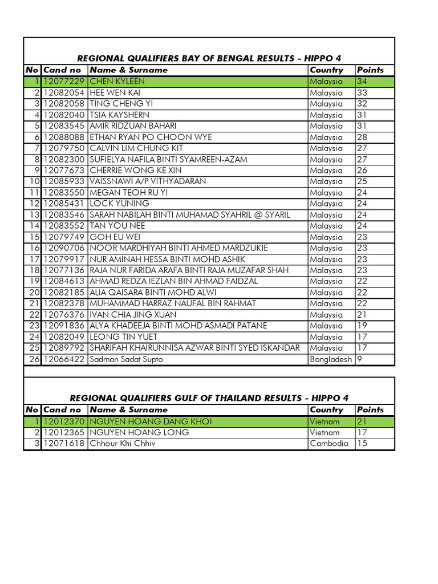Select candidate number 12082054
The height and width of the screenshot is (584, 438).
point(63,92)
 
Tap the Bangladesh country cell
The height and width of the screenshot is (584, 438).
point(331,359)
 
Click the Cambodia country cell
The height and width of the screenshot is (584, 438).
point(328,443)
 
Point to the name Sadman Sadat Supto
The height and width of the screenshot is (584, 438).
point(126,359)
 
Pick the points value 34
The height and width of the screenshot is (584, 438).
point(362,82)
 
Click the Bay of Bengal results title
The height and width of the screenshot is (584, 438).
point(209,58)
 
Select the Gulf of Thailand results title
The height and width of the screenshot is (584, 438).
point(209,398)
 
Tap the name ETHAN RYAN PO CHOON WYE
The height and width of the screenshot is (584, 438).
point(151,137)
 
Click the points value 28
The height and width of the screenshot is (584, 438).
point(362,137)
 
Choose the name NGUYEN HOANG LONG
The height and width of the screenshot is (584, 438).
point(139,432)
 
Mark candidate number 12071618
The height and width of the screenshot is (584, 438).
point(63,443)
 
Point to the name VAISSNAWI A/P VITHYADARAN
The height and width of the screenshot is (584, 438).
point(148,181)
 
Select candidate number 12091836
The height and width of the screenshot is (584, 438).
point(63,326)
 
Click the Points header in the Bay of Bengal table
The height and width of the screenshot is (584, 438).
point(370,70)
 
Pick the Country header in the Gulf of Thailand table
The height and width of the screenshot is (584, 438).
point(326,409)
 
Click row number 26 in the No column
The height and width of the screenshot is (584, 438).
point(33,359)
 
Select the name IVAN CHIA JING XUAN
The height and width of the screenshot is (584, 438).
point(133,315)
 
